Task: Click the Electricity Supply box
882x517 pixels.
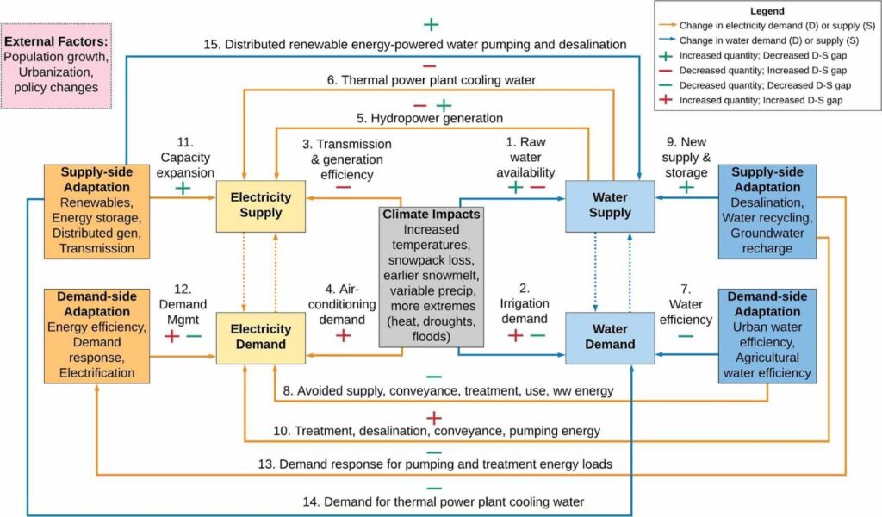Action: click(x=259, y=205)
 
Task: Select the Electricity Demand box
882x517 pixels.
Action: click(x=259, y=336)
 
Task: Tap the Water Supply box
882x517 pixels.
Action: click(x=610, y=205)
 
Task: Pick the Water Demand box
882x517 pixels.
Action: click(x=610, y=336)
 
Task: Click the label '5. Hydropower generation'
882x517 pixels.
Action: click(x=431, y=118)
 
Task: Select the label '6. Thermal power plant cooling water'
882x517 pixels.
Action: click(x=431, y=80)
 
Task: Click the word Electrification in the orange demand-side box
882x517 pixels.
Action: click(x=96, y=372)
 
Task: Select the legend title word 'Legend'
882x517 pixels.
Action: click(x=767, y=12)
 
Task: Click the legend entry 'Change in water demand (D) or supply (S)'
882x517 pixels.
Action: click(x=769, y=41)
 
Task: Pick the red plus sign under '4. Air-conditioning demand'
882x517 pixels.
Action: click(x=343, y=335)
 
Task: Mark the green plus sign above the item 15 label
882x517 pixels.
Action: click(x=431, y=24)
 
